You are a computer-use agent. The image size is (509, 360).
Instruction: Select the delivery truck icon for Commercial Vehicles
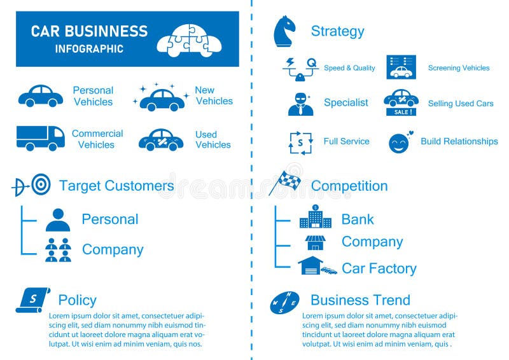(x=40, y=137)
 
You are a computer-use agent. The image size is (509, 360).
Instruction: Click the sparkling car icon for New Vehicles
(x=162, y=98)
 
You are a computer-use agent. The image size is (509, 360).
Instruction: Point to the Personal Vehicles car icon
(x=40, y=96)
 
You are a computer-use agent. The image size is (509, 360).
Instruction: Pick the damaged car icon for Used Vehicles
(x=161, y=140)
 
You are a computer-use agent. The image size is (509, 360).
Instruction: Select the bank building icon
(x=316, y=218)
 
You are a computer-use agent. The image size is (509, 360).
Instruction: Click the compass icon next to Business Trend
(x=284, y=303)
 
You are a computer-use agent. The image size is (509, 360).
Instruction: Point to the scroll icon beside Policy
(x=32, y=300)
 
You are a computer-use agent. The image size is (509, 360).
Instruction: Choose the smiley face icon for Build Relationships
(x=400, y=142)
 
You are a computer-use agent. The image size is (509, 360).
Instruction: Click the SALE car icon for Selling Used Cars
(x=401, y=102)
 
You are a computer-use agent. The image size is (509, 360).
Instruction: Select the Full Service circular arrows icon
(x=300, y=142)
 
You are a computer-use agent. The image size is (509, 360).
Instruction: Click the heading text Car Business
(x=89, y=31)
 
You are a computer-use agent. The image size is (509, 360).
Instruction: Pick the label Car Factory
(x=379, y=268)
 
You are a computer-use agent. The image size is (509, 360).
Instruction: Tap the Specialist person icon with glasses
(x=300, y=104)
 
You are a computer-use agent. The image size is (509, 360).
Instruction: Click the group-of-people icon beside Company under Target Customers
(x=58, y=250)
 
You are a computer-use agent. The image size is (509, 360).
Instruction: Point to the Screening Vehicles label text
(x=459, y=68)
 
